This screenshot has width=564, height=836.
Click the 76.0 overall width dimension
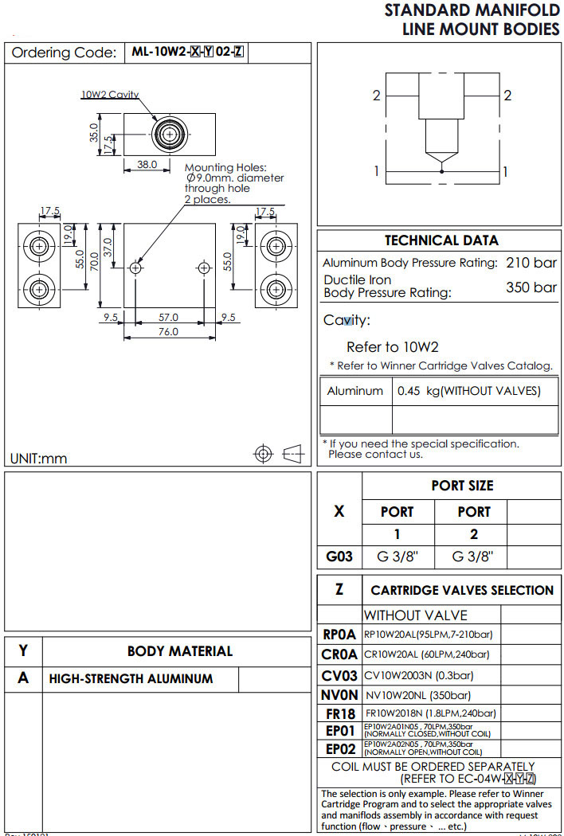coord(167,332)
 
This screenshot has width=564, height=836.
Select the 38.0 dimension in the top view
coord(147,165)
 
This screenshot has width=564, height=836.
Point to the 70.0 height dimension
coord(94,260)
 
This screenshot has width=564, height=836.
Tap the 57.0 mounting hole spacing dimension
coord(167,317)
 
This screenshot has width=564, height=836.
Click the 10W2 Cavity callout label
coord(109,94)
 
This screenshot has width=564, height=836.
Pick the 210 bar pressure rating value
coord(531,263)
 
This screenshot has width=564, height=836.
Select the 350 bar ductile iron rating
coord(531,287)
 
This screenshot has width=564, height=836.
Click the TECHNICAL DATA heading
coord(441,240)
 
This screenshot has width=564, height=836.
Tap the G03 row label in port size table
coord(339,557)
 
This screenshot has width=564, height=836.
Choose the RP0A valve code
coord(339,635)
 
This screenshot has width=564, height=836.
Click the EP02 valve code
coord(339,749)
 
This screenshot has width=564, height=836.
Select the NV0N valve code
coord(339,694)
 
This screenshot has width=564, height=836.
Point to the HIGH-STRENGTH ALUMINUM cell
coord(131,679)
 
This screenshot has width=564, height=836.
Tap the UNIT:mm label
coord(38,458)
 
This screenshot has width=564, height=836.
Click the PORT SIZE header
coord(462,486)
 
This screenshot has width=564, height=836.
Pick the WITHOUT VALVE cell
coord(415,615)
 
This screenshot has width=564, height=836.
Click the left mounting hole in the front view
coord(137,264)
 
